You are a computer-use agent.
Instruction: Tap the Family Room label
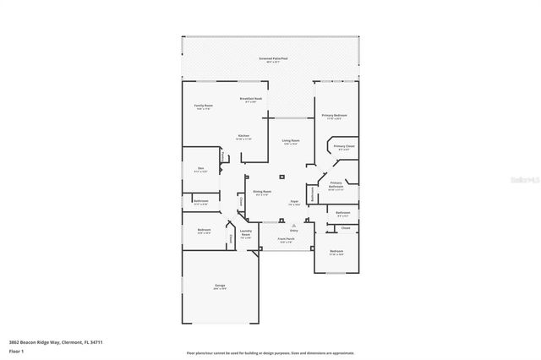click(x=204, y=106)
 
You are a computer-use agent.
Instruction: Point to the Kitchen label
click(x=243, y=137)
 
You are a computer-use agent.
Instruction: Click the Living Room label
click(x=291, y=144)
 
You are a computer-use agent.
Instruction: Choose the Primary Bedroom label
click(x=334, y=116)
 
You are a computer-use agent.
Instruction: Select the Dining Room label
click(x=262, y=193)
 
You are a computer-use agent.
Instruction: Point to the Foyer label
click(x=294, y=203)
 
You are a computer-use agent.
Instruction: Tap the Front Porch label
click(x=286, y=241)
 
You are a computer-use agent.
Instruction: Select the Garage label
click(x=220, y=286)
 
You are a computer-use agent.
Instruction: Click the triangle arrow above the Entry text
click(x=294, y=226)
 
